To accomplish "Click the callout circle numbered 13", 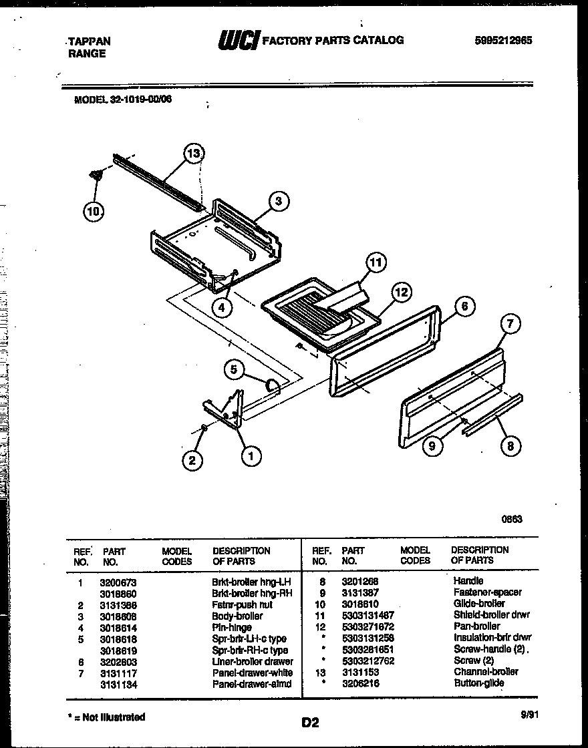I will pos(194,154).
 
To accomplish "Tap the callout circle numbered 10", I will pos(94,212).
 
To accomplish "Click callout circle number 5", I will pos(234,368).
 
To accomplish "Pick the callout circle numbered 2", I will pos(192,459).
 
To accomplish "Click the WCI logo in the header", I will pos(238,41).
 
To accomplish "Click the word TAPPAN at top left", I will pos(90,41).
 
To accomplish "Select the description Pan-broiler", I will pos(476,626).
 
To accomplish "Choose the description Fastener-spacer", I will pos(487,592).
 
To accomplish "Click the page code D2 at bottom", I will pos(310,722).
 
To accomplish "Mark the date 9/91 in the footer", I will pos(529,714).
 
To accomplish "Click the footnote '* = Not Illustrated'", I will pos(107,717).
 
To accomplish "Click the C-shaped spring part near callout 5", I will pos(273,385).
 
